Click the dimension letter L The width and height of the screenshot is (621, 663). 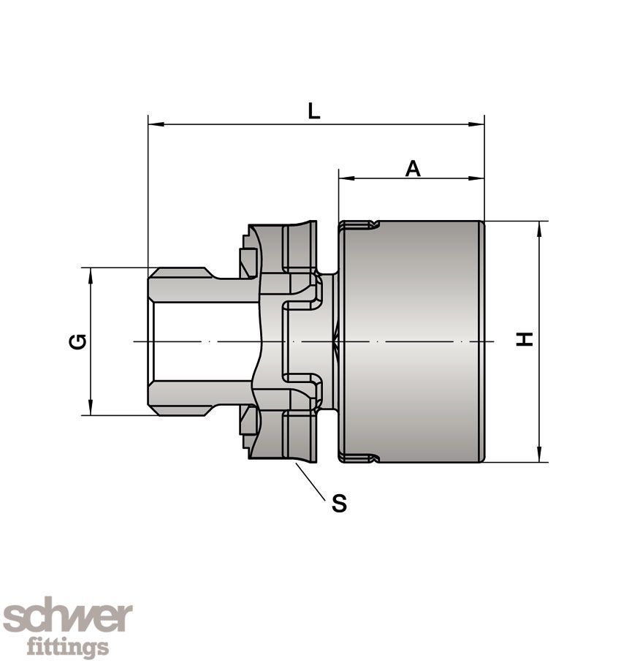tap(313, 111)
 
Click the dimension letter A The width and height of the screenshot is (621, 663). tap(413, 168)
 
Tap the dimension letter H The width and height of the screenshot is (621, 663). tap(525, 339)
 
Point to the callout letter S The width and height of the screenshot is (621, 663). tap(339, 503)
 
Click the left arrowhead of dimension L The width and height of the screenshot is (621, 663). tap(154, 125)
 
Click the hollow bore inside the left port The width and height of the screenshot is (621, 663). tap(197, 341)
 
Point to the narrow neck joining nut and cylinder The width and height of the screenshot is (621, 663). tap(329, 341)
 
